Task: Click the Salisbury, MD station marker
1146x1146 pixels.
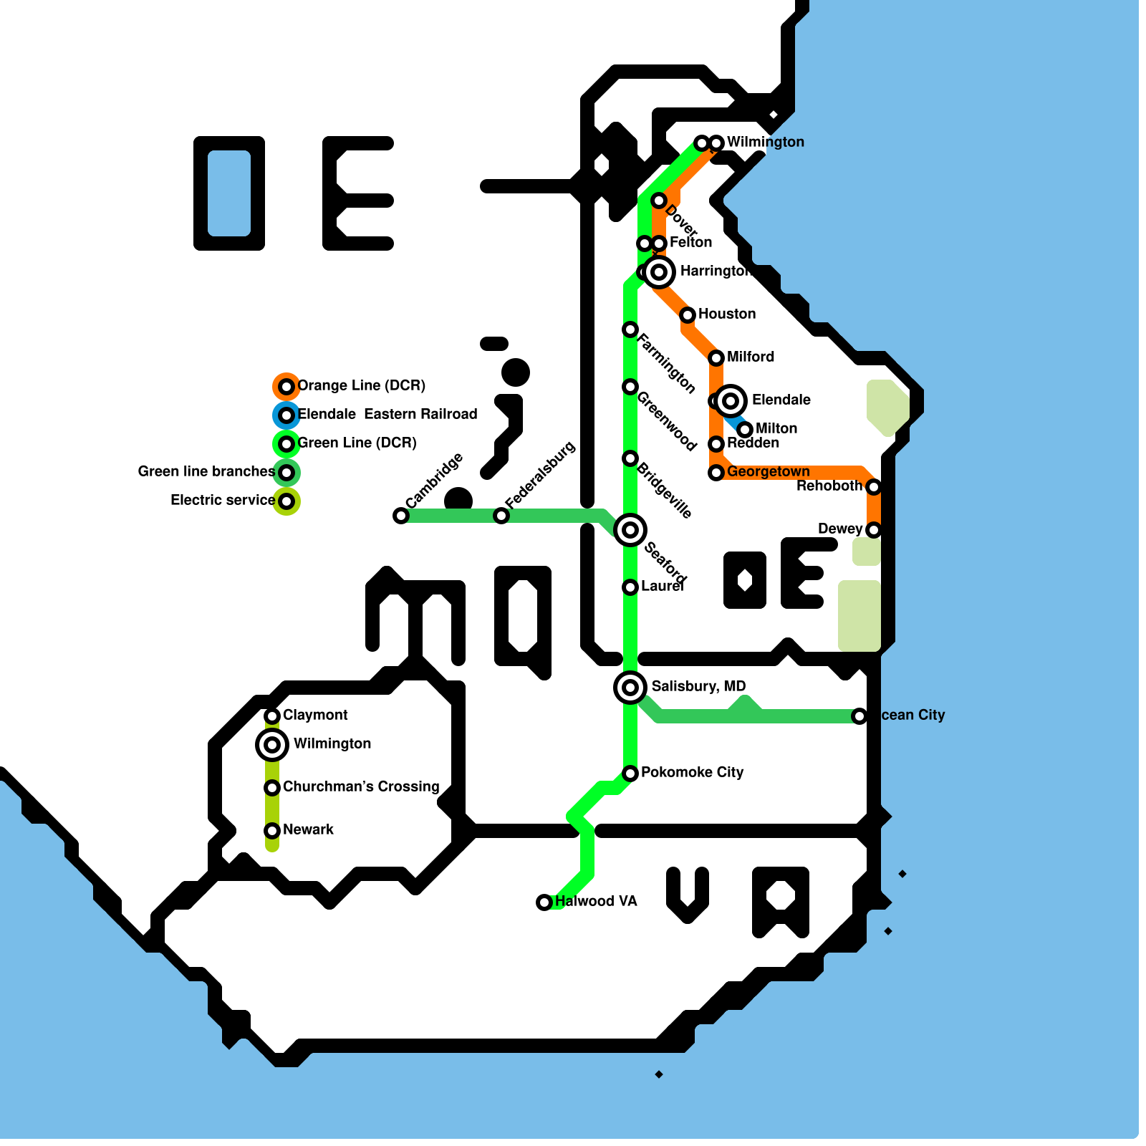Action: pyautogui.click(x=630, y=688)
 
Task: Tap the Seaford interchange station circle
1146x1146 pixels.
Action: pyautogui.click(x=630, y=530)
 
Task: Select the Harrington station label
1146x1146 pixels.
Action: pyautogui.click(x=715, y=271)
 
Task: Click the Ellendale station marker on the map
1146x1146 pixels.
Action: pyautogui.click(x=731, y=401)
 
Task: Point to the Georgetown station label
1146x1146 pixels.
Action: pyautogui.click(x=768, y=471)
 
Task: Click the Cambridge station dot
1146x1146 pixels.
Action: pyautogui.click(x=401, y=516)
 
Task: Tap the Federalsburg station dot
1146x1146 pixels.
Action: pyautogui.click(x=501, y=516)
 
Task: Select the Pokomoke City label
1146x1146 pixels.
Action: pyautogui.click(x=692, y=772)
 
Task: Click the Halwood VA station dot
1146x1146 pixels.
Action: pyautogui.click(x=544, y=902)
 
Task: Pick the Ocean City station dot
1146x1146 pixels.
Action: pyautogui.click(x=860, y=716)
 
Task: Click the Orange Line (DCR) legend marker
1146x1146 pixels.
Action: pyautogui.click(x=286, y=387)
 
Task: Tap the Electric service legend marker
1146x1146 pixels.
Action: pyautogui.click(x=286, y=501)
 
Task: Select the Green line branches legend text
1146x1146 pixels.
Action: pyautogui.click(x=206, y=471)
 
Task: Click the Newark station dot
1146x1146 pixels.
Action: pyautogui.click(x=272, y=831)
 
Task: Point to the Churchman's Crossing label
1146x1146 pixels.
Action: pyautogui.click(x=361, y=786)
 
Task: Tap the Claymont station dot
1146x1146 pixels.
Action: pyautogui.click(x=272, y=716)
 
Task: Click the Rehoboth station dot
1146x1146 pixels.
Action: pyautogui.click(x=874, y=487)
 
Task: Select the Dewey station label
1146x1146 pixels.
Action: pyautogui.click(x=840, y=529)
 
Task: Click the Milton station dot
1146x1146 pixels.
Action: pyautogui.click(x=745, y=430)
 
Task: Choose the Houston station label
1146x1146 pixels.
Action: pyautogui.click(x=726, y=314)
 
